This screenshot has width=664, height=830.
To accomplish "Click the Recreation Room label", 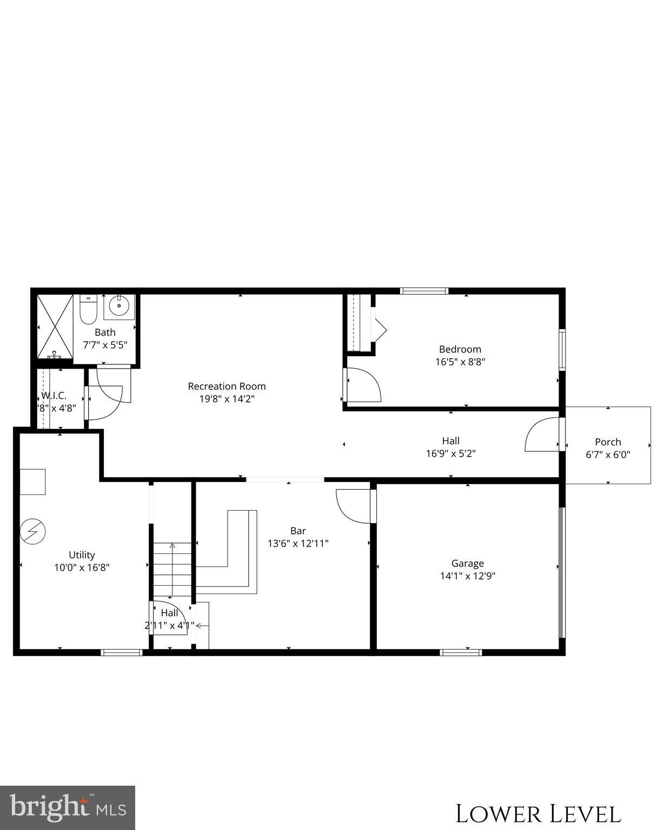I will [x=227, y=386].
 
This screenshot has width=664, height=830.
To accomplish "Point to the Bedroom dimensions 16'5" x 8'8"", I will [x=460, y=362].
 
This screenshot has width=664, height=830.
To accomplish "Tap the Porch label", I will [x=608, y=442].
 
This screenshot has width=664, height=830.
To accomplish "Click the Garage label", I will [x=468, y=563].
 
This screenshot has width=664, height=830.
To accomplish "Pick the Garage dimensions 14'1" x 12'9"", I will [x=468, y=576].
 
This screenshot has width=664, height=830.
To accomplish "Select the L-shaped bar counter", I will [x=238, y=557].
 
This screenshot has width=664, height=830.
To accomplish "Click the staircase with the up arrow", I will [x=172, y=570].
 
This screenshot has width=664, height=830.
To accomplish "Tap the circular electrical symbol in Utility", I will [x=32, y=532].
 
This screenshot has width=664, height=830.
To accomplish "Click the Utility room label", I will [x=82, y=555].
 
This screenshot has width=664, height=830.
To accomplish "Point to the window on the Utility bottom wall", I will [x=122, y=652].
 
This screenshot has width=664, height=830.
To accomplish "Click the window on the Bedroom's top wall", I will [x=424, y=291].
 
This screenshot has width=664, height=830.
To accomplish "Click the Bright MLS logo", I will [x=68, y=807].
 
